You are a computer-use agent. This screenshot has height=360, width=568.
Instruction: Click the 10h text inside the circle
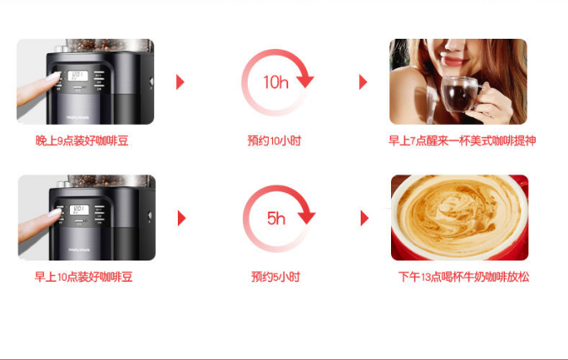pos(276,82)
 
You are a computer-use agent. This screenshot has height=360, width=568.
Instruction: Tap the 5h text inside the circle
pos(276,218)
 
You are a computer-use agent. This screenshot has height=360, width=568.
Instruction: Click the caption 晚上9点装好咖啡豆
pos(82,141)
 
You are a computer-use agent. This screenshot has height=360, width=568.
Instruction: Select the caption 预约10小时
pos(274,141)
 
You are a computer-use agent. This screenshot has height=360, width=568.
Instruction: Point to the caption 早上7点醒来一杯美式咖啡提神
pos(462,141)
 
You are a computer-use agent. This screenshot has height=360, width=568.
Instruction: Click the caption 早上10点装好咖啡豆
pos(83,277)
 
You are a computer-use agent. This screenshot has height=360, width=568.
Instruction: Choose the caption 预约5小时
pos(276,277)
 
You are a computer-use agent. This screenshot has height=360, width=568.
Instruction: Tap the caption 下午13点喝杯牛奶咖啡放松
pos(464,277)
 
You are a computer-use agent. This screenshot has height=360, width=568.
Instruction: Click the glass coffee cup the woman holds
pos(459,94)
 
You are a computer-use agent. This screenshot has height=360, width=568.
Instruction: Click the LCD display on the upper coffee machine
pos(78,76)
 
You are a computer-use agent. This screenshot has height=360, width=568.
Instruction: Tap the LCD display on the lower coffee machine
pos(79,210)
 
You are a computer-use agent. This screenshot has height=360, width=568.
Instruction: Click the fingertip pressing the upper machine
pos(54,77)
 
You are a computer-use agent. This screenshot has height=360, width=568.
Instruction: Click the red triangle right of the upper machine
pos(180,82)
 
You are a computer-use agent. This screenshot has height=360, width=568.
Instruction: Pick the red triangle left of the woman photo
pos(363,82)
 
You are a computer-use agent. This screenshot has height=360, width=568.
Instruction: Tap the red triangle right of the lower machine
pos(181,218)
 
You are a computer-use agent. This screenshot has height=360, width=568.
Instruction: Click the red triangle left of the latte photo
pos(364,218)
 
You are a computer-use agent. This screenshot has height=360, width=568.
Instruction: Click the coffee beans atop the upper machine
pos(109,45)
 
